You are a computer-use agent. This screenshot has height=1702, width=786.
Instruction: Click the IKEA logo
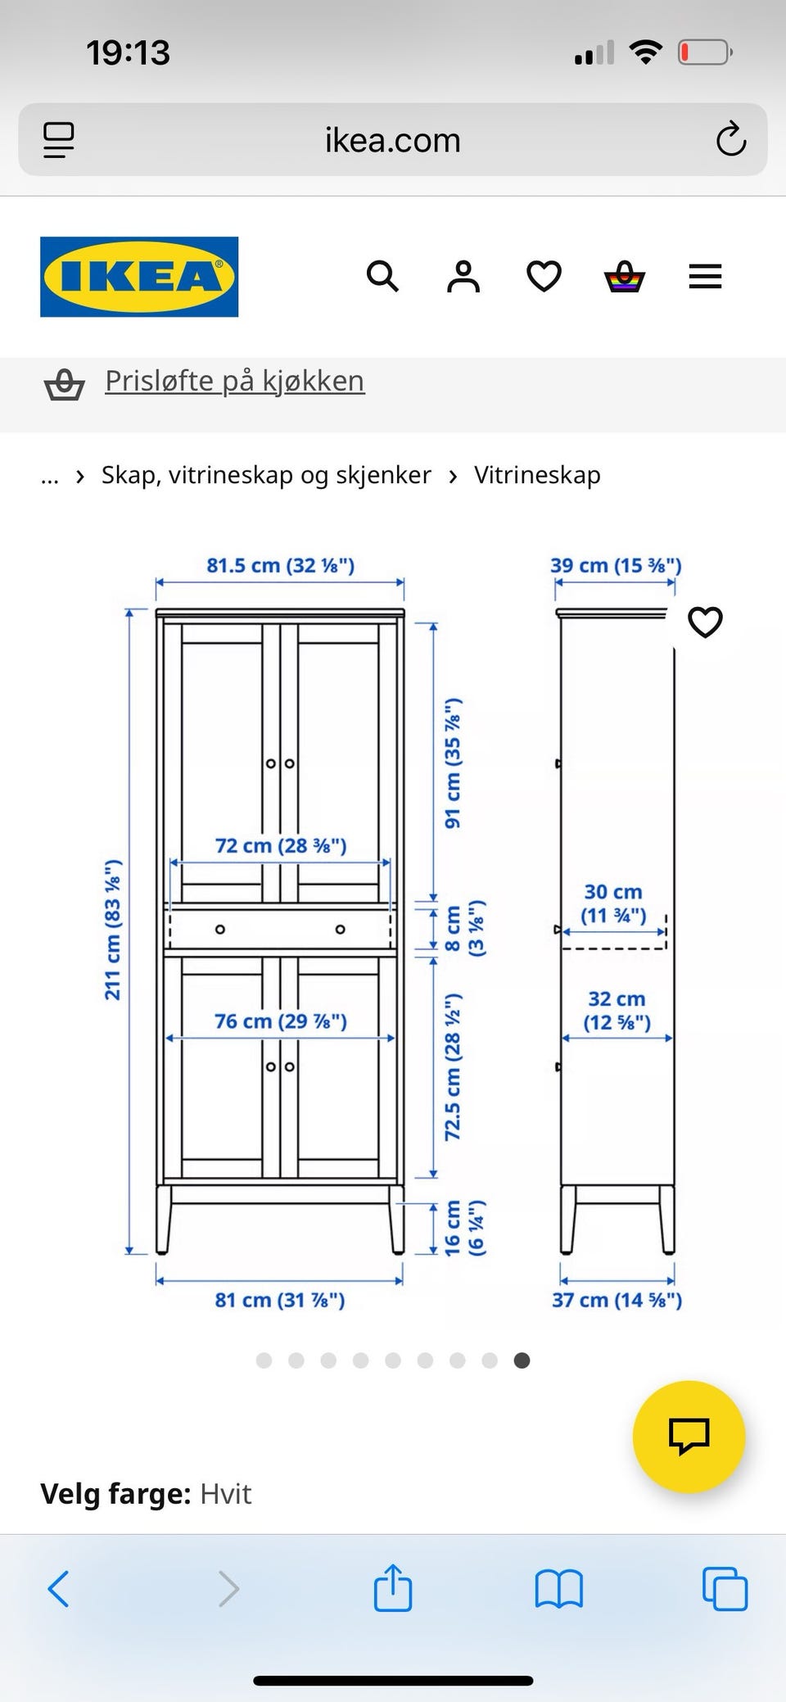pos(139,277)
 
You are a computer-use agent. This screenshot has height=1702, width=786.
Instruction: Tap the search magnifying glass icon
pos(382,277)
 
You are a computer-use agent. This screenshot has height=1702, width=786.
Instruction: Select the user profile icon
pos(463,277)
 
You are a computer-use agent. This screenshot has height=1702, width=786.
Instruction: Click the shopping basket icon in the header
pos(625,277)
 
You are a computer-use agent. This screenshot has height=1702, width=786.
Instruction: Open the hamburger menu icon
pos(705,277)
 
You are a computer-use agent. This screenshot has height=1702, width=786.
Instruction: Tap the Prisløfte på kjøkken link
pos(234,381)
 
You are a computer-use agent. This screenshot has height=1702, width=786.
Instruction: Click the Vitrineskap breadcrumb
pos(537,475)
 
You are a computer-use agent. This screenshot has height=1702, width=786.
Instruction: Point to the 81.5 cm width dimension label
pos(280,565)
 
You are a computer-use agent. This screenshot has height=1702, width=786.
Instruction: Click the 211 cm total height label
pos(113,930)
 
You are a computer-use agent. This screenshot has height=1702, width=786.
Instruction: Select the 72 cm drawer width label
pos(280,845)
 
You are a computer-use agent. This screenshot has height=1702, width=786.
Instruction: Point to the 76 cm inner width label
pos(280,1021)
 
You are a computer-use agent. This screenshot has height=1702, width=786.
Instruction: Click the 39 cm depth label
pos(616,565)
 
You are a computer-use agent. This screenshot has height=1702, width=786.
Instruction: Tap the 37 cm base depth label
pos(617,1300)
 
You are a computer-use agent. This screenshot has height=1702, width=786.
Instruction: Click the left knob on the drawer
pos(220,930)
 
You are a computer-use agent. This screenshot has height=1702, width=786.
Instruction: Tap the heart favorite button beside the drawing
pos(705,622)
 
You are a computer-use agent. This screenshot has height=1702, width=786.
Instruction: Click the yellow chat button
pos(689,1436)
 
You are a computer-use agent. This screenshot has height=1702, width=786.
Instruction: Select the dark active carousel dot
pos(522,1360)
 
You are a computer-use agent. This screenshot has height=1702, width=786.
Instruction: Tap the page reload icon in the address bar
pos(730,140)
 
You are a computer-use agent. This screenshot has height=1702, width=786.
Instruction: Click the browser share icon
pos(392,1588)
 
